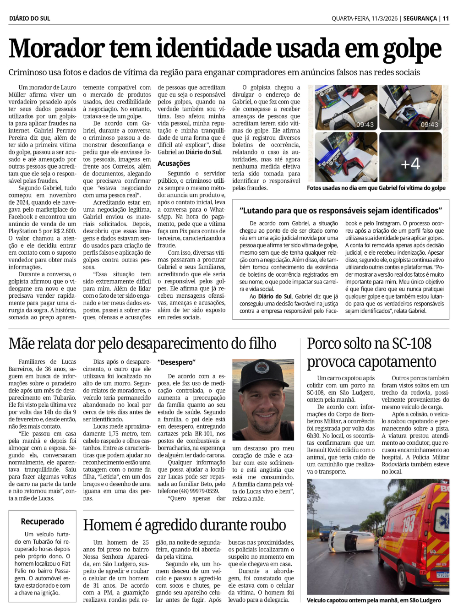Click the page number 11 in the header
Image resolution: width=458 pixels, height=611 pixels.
(x=446, y=18)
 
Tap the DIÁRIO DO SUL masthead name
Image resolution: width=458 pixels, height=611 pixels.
(x=30, y=18)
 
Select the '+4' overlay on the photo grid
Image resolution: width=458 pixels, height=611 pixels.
(x=410, y=164)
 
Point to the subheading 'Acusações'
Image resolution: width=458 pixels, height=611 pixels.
(x=174, y=163)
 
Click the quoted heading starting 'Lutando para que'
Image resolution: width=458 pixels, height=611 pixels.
(x=340, y=210)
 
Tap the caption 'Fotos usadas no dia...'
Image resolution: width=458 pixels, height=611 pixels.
(x=376, y=188)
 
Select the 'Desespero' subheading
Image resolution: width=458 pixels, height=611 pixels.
(x=176, y=362)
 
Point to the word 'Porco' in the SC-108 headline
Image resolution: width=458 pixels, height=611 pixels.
(x=327, y=344)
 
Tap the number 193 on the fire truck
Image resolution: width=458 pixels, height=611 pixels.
(x=408, y=524)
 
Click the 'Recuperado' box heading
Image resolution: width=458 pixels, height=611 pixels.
(x=43, y=521)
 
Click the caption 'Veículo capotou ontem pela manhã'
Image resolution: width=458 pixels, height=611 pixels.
(x=374, y=600)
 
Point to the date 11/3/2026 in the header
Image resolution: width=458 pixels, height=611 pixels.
(x=381, y=18)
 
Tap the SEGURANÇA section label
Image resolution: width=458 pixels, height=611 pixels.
(x=420, y=18)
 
